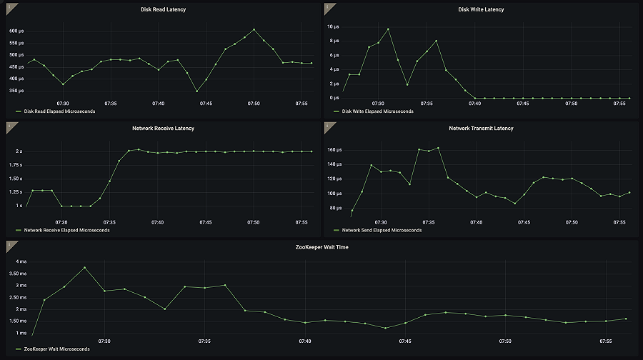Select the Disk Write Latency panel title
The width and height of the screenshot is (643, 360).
[481, 9]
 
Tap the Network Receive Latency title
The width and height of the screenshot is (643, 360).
[163, 128]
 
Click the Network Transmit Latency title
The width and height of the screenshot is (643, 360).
[481, 128]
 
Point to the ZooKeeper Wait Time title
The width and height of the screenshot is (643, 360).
[321, 246]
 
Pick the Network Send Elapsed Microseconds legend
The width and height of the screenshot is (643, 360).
[382, 230]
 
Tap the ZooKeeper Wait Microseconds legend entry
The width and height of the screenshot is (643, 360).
[56, 349]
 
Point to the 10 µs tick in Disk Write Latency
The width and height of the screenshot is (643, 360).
[332, 26]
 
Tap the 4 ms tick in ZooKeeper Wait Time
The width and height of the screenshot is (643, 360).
[16, 261]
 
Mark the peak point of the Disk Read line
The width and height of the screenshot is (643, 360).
[254, 29]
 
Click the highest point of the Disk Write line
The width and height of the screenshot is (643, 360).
[388, 29]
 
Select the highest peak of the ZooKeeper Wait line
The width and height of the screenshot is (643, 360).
[84, 267]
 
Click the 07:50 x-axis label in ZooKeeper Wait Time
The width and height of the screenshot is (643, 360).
[505, 341]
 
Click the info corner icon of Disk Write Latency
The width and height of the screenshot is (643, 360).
[327, 6]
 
